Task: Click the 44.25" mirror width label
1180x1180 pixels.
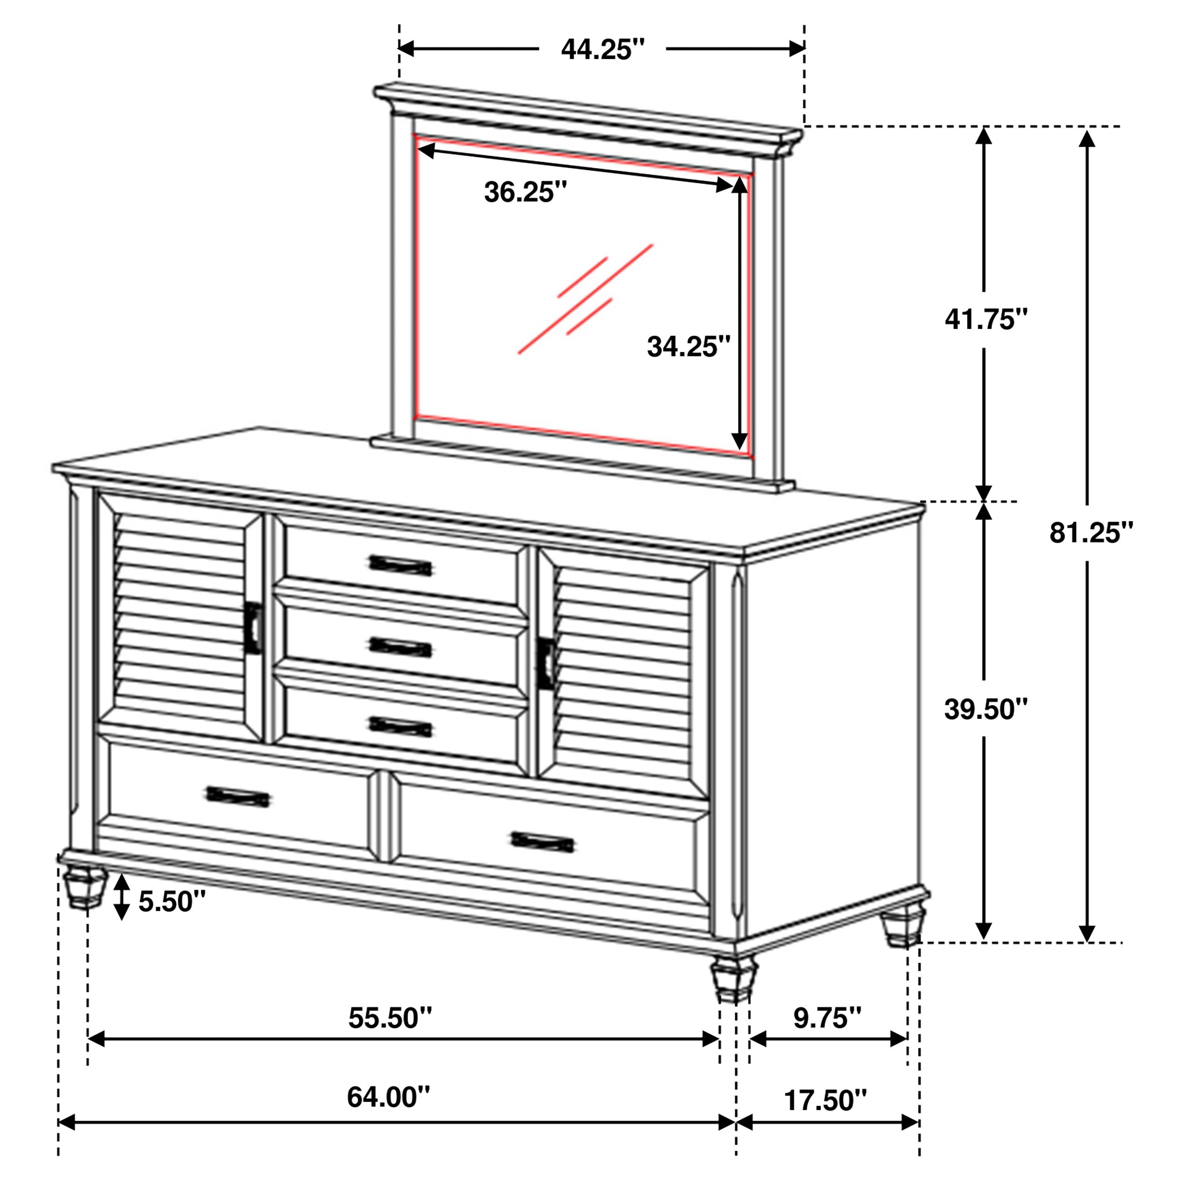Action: coord(602,49)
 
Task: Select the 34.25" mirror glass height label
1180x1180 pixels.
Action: coord(688,347)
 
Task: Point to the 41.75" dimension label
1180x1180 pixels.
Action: coord(986,319)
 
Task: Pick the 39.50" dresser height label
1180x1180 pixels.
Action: coord(986,709)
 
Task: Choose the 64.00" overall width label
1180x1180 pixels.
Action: coord(388,1097)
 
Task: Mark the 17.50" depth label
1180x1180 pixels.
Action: coord(825,1100)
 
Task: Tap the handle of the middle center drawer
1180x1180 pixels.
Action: coord(401,646)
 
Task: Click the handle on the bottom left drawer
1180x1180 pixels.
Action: coord(237,796)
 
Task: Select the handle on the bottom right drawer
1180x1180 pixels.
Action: coord(542,842)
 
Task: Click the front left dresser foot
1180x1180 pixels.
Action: coord(84,886)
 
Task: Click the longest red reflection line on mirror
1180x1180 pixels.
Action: coord(585,299)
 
